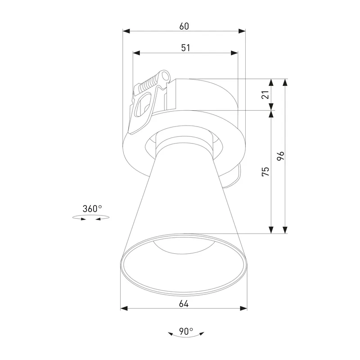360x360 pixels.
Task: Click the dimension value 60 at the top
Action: tap(184, 26)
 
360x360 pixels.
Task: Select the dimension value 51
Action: tap(185, 48)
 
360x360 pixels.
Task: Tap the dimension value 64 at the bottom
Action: tap(184, 304)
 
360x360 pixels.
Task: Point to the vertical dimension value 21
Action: tap(265, 94)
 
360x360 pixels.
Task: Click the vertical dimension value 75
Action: tap(265, 171)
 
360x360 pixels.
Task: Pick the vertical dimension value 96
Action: tap(280, 156)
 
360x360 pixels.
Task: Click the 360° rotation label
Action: tap(92, 209)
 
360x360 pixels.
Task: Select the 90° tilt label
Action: tap(186, 331)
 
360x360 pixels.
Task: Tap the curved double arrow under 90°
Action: tap(186, 335)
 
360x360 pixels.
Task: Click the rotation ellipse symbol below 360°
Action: tap(91, 217)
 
